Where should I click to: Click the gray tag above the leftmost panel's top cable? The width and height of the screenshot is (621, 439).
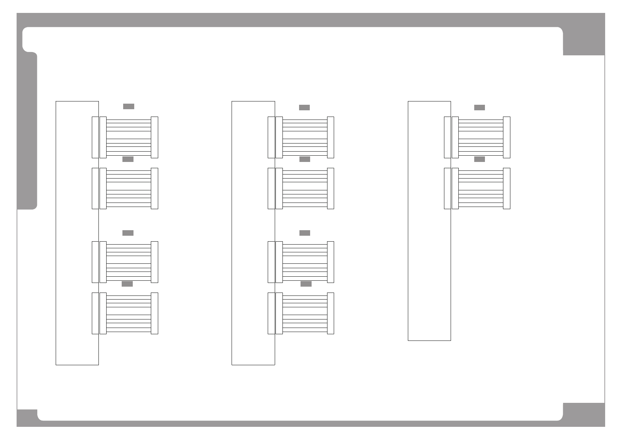(128, 106)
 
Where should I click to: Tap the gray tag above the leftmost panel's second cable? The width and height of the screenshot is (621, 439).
(128, 159)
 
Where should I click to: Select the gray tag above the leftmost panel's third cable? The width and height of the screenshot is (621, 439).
(128, 233)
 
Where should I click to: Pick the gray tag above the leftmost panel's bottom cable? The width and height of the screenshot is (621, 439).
(127, 284)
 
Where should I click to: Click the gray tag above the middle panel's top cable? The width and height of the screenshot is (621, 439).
(304, 107)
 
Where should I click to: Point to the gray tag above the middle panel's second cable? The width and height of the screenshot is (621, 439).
(304, 159)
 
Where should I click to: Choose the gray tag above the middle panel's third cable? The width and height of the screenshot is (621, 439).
(304, 233)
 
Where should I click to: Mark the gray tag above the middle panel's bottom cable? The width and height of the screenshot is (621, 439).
(306, 284)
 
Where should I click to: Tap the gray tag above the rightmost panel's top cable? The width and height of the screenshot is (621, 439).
(479, 107)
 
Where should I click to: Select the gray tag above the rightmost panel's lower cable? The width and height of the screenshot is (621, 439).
(479, 159)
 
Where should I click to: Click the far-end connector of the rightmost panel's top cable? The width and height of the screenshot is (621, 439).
(507, 137)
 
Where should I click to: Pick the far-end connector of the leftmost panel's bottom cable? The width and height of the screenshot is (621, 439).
(155, 313)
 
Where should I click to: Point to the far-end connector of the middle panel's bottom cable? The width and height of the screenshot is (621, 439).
(330, 313)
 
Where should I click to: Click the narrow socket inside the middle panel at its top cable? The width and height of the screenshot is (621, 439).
(271, 137)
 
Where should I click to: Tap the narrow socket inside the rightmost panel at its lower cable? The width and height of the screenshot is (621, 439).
(447, 189)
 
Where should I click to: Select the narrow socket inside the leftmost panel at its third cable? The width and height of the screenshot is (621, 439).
(95, 262)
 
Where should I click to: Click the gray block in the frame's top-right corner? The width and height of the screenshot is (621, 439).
(584, 41)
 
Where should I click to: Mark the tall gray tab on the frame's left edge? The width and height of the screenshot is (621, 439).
(27, 131)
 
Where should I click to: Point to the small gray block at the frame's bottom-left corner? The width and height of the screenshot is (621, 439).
(27, 418)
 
